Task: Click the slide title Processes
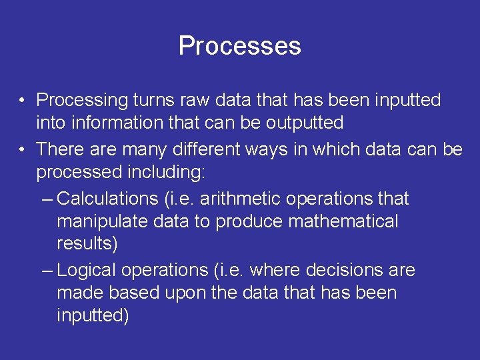click(239, 46)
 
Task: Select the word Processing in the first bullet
click(81, 101)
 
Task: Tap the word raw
click(197, 100)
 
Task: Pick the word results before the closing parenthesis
click(85, 244)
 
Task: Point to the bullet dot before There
click(23, 150)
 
